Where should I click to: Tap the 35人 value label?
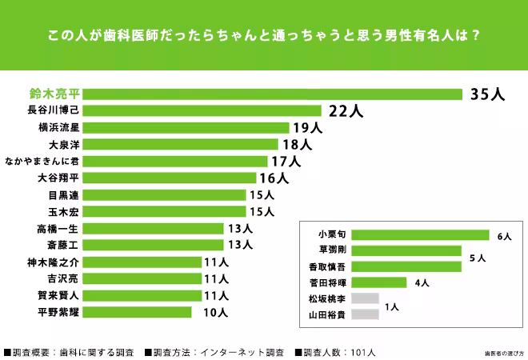[x=487, y=94]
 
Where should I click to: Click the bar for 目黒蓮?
[x=168, y=194]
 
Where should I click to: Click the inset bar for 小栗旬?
[x=419, y=235]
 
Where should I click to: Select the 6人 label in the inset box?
[x=503, y=237]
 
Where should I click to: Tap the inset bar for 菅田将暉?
[x=381, y=282]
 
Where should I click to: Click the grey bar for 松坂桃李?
[x=364, y=298]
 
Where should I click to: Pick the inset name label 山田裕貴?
[x=326, y=314]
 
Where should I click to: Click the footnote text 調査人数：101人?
[x=336, y=351]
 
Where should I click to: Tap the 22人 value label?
[x=346, y=110]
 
